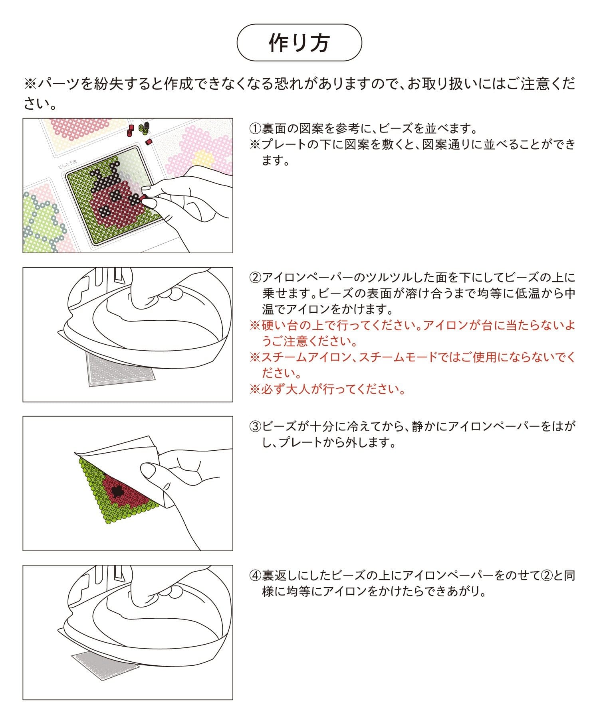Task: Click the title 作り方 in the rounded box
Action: (x=299, y=43)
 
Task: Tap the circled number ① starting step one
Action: (x=256, y=129)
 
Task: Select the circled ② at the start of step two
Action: (x=256, y=278)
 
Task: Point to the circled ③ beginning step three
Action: (x=256, y=427)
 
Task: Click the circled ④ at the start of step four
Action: (x=256, y=576)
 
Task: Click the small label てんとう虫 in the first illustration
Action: (x=67, y=164)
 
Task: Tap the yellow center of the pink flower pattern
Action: (x=204, y=159)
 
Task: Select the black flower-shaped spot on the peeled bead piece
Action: (x=117, y=491)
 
